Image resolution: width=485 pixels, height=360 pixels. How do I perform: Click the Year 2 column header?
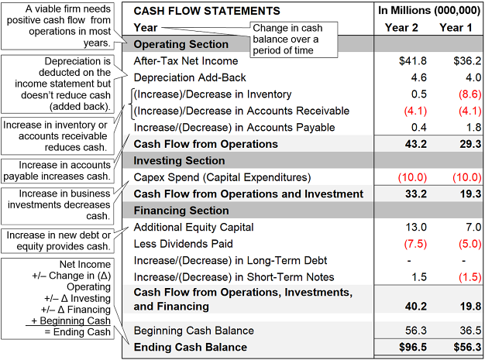tap(401, 28)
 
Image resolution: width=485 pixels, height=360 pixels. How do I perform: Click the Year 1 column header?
tap(456, 28)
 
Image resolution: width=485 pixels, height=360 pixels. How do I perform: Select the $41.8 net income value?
tap(411, 60)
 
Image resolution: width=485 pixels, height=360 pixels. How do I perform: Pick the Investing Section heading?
tap(180, 161)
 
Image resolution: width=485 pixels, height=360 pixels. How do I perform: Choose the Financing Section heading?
tap(182, 211)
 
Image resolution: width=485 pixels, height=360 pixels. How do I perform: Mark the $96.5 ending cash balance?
tap(411, 348)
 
